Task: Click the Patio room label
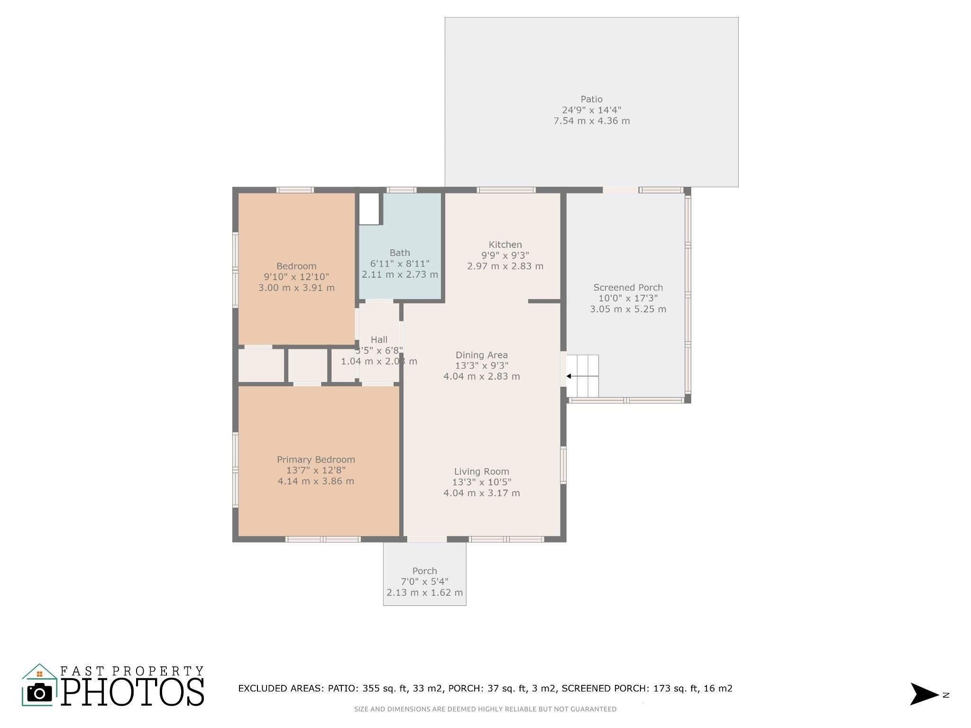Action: click(591, 99)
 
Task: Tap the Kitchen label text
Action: click(505, 245)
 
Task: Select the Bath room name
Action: click(400, 253)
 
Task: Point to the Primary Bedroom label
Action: click(316, 460)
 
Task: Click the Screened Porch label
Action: click(628, 288)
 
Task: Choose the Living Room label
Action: click(481, 472)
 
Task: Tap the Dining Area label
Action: click(481, 355)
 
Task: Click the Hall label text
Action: click(379, 340)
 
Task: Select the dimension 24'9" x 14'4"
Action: click(591, 110)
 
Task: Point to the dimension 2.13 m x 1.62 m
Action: click(424, 592)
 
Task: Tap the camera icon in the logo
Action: click(40, 693)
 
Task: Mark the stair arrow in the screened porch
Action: click(583, 376)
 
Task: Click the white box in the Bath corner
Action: click(369, 209)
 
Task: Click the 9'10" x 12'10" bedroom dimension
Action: click(296, 277)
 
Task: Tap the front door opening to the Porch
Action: click(427, 539)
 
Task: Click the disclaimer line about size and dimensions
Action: click(485, 710)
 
